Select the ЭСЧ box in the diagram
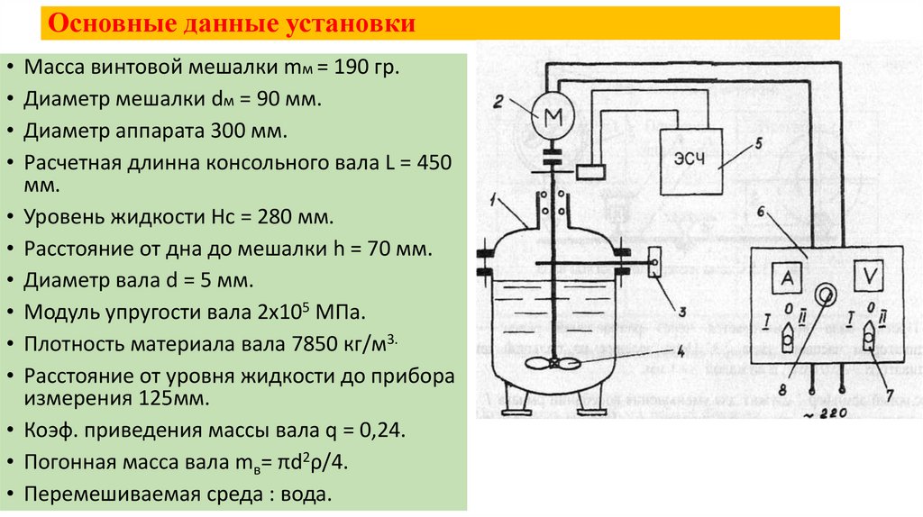(x=691, y=159)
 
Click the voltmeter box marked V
(x=871, y=280)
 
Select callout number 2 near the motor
(x=497, y=103)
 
